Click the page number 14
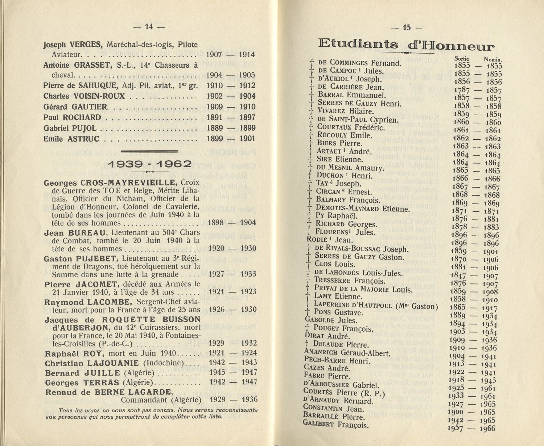pyautogui.click(x=149, y=26)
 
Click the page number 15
pyautogui.click(x=407, y=28)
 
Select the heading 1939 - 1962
pyautogui.click(x=149, y=164)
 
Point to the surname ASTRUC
pyautogui.click(x=83, y=139)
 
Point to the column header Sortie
pyautogui.click(x=461, y=59)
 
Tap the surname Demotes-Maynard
pyautogui.click(x=347, y=208)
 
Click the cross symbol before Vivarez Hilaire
pyautogui.click(x=311, y=111)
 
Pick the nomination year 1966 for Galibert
pyautogui.click(x=487, y=429)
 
